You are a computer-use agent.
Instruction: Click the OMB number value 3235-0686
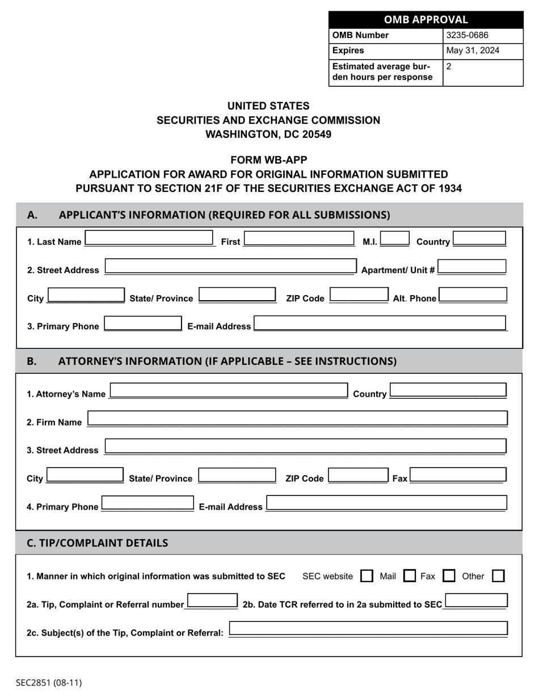pos(468,35)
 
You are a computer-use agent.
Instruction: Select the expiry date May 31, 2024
pos(473,51)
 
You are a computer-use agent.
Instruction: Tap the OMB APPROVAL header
pos(426,20)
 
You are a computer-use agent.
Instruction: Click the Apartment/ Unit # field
pos(471,267)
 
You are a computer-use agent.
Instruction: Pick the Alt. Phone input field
pos(473,295)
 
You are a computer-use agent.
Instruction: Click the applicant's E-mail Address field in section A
pos(380,323)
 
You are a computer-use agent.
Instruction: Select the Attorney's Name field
pos(229,391)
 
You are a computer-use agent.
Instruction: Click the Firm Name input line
pos(297,419)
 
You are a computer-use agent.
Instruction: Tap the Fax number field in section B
pos(457,476)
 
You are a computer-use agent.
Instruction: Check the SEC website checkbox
pos(367,576)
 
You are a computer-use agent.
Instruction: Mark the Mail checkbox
pos(409,576)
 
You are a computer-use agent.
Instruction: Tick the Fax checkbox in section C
pos(448,576)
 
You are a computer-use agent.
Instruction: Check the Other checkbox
pos(498,576)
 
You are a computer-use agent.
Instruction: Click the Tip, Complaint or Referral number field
pos(212,602)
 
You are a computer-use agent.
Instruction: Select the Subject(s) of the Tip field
pos(368,629)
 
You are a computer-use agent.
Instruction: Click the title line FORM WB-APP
pos(269,160)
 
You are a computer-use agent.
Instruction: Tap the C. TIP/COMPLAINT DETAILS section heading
pos(98,543)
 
